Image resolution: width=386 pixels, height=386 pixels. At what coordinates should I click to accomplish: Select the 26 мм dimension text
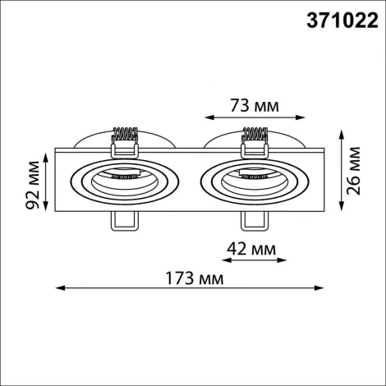click(x=354, y=169)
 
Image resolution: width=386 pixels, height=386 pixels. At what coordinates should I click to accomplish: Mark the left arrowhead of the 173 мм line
click(x=59, y=287)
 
